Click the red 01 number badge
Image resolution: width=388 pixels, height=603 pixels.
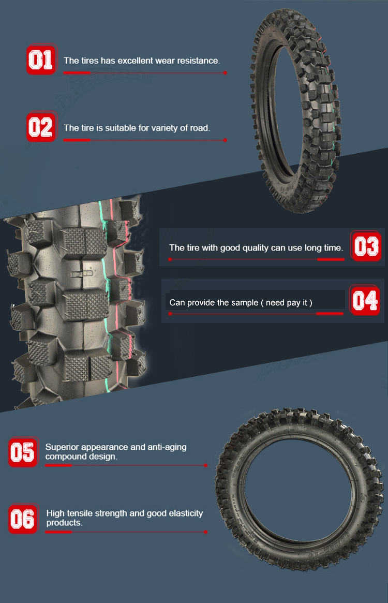point(40,60)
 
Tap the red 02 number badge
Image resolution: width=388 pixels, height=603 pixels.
point(40,127)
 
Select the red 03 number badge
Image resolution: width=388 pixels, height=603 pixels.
point(366,246)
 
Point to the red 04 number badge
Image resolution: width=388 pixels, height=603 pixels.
point(365,300)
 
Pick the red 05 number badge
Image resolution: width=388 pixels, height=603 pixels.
point(23,452)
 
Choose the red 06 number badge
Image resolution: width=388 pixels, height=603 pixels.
point(23,519)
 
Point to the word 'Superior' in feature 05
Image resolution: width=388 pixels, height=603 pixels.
point(62,447)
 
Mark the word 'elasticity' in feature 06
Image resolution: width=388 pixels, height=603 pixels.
point(183,513)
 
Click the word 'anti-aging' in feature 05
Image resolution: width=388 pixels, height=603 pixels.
point(167,448)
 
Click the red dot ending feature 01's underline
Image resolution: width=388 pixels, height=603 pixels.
point(225,72)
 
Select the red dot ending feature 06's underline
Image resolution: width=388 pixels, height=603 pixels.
point(206,532)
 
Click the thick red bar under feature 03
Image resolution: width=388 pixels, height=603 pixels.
point(331,259)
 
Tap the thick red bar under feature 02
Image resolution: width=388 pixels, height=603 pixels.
point(77,140)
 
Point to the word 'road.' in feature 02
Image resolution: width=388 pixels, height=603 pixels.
point(200,128)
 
